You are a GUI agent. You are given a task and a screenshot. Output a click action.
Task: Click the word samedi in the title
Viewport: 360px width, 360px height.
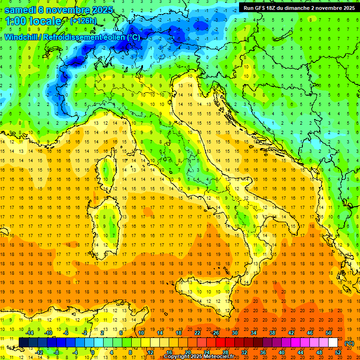pos(20,10)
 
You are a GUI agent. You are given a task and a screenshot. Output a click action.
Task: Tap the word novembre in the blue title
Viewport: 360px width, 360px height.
pos(71,10)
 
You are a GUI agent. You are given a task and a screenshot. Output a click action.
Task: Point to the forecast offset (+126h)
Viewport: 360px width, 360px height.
pos(84,21)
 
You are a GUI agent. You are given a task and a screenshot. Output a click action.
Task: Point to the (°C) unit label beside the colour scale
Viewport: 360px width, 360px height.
pos(349,343)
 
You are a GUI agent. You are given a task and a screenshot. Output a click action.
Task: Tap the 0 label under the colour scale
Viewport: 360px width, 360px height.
pos(93,352)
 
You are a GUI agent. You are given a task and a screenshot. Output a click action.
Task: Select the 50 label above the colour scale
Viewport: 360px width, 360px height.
pos(329,333)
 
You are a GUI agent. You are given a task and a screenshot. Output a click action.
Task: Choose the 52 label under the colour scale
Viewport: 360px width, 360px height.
pos(338,352)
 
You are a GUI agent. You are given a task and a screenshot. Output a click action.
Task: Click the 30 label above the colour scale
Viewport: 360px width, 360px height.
pos(234,333)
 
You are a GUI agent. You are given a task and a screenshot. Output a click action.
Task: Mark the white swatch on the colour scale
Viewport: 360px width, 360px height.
pos(333,343)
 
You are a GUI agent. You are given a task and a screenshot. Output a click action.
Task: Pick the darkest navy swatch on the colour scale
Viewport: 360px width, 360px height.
pos(23,343)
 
